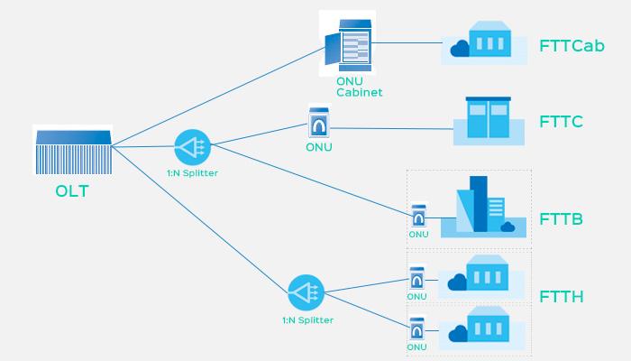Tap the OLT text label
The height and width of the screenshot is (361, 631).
[72, 192]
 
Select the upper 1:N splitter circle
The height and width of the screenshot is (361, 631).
[192, 145]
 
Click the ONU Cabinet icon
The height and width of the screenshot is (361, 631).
[348, 42]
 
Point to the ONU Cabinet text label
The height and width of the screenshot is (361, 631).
[359, 87]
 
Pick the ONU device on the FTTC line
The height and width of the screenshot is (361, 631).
[317, 120]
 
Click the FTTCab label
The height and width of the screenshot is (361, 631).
[572, 45]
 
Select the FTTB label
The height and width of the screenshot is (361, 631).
[561, 219]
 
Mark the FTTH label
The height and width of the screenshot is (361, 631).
[561, 296]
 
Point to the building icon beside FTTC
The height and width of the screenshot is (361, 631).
[488, 119]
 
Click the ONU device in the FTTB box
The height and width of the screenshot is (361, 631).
[418, 218]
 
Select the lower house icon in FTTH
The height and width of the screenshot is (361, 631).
[481, 326]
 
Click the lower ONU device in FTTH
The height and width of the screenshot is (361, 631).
[416, 329]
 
